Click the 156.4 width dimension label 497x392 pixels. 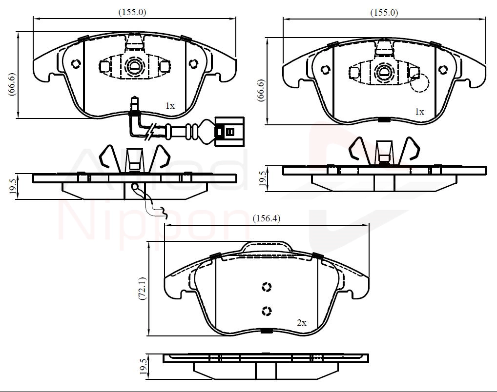point(267,218)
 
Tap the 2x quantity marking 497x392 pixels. point(302,323)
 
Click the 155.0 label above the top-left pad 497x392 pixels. point(132,12)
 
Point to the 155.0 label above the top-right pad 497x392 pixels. point(384,13)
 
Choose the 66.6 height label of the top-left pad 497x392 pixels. point(12,84)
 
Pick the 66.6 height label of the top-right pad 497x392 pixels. point(262,90)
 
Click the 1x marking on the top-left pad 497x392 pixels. point(170,106)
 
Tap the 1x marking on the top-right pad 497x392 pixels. point(419,112)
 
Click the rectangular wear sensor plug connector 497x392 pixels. point(229,132)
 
